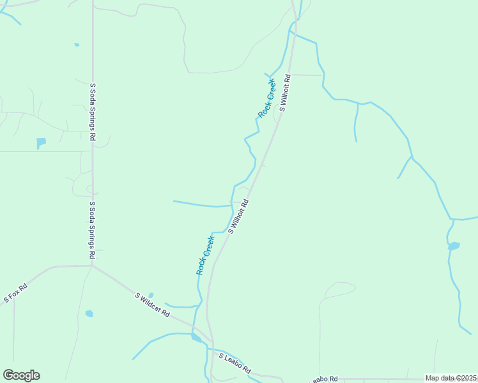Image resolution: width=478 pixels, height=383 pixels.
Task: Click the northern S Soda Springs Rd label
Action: point(93,112)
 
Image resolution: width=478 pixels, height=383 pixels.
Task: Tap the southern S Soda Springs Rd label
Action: point(93,229)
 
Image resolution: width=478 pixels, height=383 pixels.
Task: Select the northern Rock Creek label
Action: point(266,98)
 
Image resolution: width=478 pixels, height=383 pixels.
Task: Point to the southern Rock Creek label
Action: point(205,255)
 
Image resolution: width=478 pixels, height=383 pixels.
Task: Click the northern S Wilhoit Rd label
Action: point(284,94)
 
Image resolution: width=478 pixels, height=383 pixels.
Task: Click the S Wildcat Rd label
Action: point(153,304)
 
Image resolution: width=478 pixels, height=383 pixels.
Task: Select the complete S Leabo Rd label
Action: point(235,364)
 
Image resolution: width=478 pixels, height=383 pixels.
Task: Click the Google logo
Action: point(21,375)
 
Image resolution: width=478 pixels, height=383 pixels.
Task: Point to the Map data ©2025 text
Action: point(451,378)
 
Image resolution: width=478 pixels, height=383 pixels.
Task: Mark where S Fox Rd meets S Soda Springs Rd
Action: point(93,266)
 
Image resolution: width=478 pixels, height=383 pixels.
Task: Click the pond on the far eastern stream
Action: point(454,246)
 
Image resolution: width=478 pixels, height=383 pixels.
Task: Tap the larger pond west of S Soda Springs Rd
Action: point(42,142)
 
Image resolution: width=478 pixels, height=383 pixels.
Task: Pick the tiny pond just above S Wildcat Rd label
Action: point(151,295)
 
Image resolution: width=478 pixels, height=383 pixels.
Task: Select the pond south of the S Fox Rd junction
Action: point(89,314)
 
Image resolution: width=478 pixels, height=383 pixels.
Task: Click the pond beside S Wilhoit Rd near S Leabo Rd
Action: point(196,338)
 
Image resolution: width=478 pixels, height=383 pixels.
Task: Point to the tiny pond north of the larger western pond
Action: point(77,45)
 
